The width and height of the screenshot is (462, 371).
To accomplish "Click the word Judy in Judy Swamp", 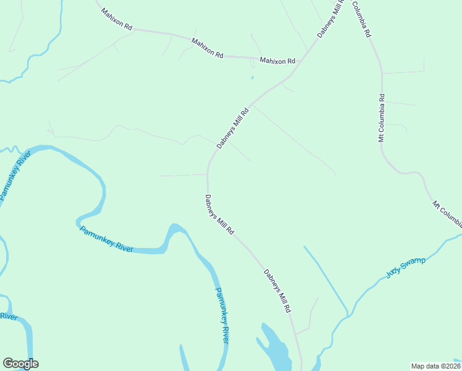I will pos(393,272).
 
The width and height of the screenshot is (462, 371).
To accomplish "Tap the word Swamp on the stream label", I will pos(414,263).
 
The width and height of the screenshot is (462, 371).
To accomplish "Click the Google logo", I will pos(20,364).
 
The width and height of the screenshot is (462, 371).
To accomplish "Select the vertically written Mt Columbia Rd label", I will pos(382,118).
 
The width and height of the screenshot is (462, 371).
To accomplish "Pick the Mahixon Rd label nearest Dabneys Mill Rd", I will pos(277,61).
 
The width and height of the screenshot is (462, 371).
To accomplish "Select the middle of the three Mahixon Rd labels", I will pos(207,48).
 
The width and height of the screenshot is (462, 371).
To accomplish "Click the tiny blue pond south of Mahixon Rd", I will pos(252,78).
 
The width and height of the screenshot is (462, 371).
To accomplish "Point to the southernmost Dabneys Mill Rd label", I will pos(277,291).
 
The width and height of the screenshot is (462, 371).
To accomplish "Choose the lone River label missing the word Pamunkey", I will pos(8,316).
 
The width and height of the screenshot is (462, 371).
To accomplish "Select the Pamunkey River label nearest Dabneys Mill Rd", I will pos(222,315).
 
